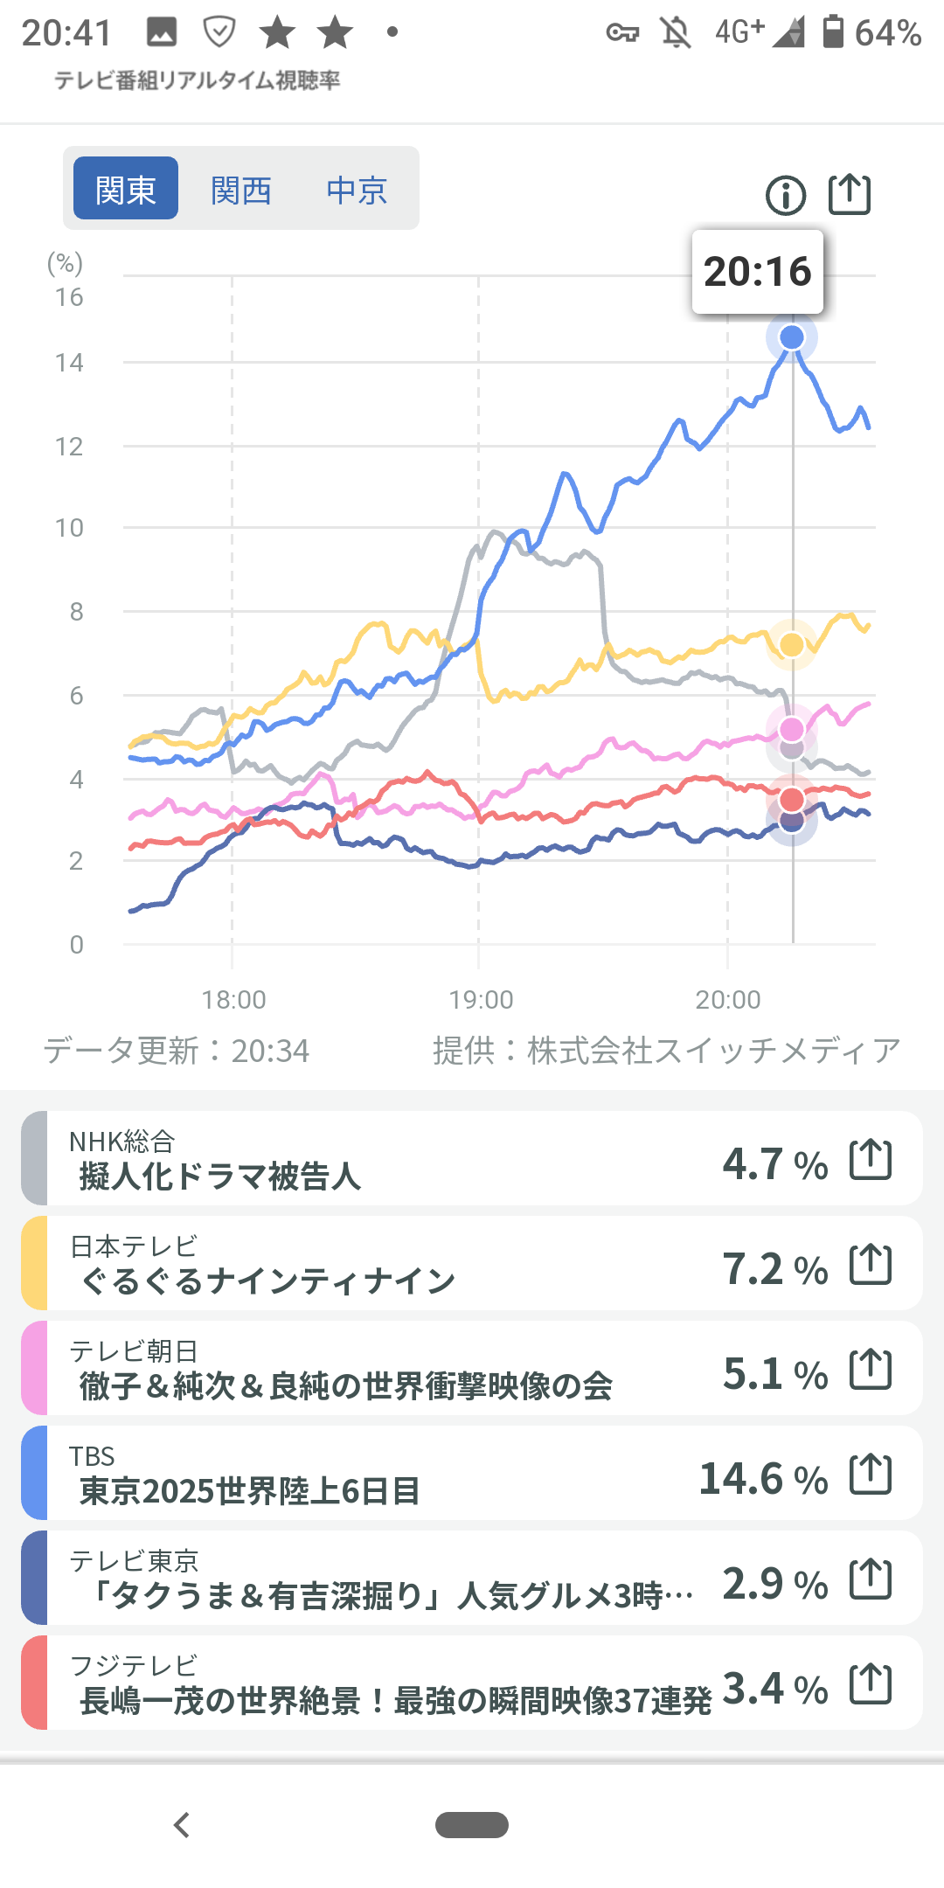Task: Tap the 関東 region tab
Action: (125, 189)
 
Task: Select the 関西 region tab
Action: (241, 189)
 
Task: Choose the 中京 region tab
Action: (357, 189)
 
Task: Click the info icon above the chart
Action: (785, 195)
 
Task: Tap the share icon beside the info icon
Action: (850, 194)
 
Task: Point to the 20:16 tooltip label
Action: (757, 272)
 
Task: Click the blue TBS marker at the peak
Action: (792, 337)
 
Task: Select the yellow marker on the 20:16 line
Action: (792, 645)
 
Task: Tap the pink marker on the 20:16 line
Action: (792, 729)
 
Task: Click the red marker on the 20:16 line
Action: (792, 799)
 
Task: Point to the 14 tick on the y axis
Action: (69, 363)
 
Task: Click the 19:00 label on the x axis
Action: (481, 999)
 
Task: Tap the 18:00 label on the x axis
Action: (233, 999)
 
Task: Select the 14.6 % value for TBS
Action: (763, 1479)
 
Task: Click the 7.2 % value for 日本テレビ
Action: (774, 1269)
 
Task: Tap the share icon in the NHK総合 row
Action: (871, 1160)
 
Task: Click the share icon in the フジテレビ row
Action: (871, 1684)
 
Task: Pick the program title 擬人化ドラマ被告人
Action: (219, 1177)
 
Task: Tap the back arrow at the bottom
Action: (182, 1825)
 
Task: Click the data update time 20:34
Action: (270, 1051)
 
